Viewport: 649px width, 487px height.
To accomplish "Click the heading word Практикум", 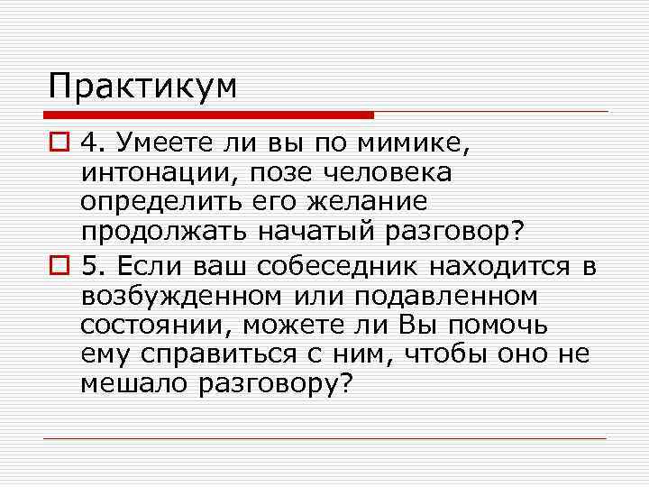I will click(x=143, y=87).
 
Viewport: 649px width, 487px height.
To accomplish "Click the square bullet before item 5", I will click(x=59, y=265).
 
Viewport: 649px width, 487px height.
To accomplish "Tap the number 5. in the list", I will click(x=94, y=265).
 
